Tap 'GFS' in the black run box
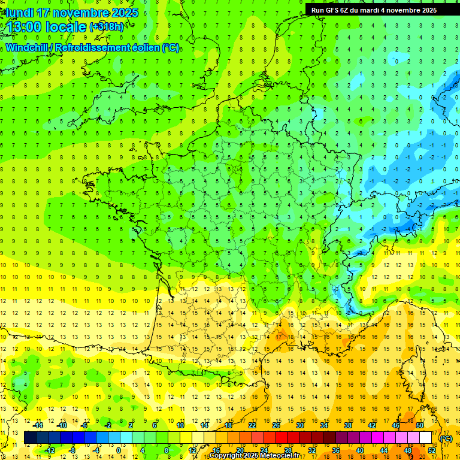[334, 10]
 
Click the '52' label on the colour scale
[432, 450]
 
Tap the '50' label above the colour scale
[419, 425]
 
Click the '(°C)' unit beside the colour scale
[446, 438]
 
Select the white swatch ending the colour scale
[426, 438]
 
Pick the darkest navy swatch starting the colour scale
[30, 438]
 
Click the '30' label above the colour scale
[299, 425]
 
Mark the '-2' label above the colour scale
[108, 425]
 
